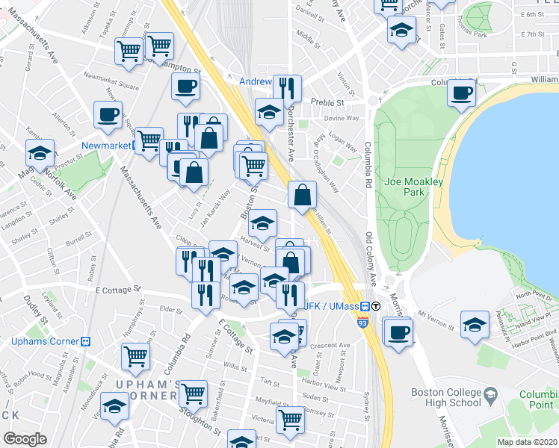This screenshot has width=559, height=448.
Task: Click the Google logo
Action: (25, 439)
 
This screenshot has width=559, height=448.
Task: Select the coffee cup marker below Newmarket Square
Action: (108, 115)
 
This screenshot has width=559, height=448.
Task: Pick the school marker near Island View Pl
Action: (475, 325)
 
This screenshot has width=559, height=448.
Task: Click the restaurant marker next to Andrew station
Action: (287, 89)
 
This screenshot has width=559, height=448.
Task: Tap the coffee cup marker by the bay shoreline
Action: (462, 93)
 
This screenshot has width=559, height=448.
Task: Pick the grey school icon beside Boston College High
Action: (490, 393)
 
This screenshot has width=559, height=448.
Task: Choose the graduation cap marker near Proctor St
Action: (39, 154)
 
